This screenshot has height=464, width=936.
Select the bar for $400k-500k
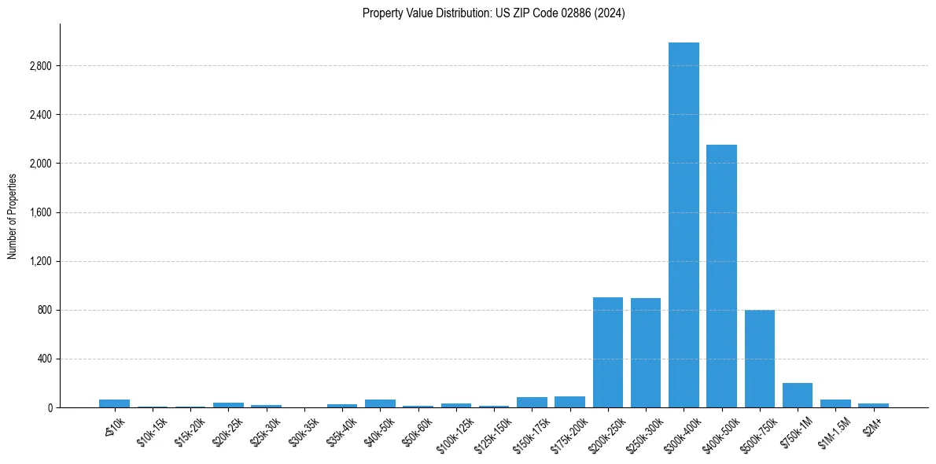(x=721, y=276)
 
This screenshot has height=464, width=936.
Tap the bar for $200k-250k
(x=608, y=352)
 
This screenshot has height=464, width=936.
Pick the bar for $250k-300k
(x=646, y=353)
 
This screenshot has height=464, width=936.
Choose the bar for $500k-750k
(x=760, y=359)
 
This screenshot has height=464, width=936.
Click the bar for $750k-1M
(x=798, y=396)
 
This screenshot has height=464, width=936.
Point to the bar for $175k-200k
(x=569, y=402)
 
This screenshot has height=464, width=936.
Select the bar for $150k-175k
(x=532, y=403)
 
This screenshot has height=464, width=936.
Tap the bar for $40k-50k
(x=380, y=403)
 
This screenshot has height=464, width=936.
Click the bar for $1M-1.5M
(x=835, y=403)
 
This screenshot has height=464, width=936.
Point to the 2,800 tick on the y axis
(x=40, y=66)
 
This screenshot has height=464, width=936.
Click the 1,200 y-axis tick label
(x=40, y=262)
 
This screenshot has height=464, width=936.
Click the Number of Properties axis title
(x=12, y=215)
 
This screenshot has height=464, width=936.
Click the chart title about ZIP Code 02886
(x=493, y=13)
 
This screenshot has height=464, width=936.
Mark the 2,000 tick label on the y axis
(x=40, y=164)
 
